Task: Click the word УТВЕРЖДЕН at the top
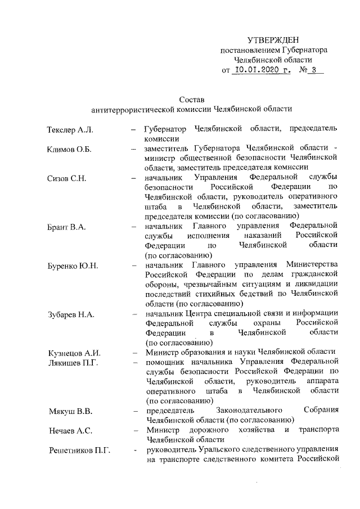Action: (273, 40)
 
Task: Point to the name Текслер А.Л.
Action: (70, 130)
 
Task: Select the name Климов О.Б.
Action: (69, 150)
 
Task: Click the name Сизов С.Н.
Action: (66, 178)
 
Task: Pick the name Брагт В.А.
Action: (66, 227)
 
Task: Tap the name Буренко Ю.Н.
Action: (73, 265)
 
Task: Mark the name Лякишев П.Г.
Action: (73, 363)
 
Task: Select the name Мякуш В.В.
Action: (69, 411)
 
